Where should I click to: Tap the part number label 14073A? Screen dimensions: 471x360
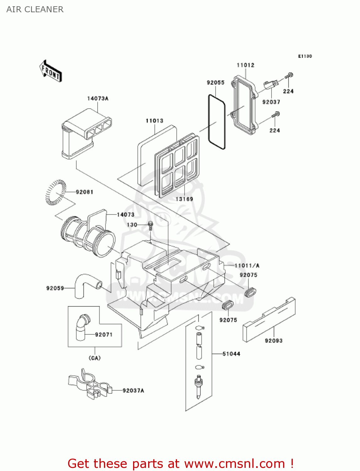(x=98, y=99)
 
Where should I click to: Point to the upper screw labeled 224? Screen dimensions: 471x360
(x=289, y=75)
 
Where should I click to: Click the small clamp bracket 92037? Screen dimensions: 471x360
(x=270, y=84)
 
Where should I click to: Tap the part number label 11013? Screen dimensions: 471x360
(x=154, y=121)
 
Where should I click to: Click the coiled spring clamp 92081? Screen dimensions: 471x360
(x=56, y=192)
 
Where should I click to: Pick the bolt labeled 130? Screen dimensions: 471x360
(x=151, y=225)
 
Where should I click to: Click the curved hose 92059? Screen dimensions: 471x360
(x=85, y=284)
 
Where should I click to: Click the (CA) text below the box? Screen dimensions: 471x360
(x=94, y=358)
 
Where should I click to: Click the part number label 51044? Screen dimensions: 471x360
(x=231, y=354)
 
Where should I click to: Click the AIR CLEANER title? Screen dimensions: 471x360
(x=35, y=9)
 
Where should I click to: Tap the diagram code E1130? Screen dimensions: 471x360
(x=305, y=56)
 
